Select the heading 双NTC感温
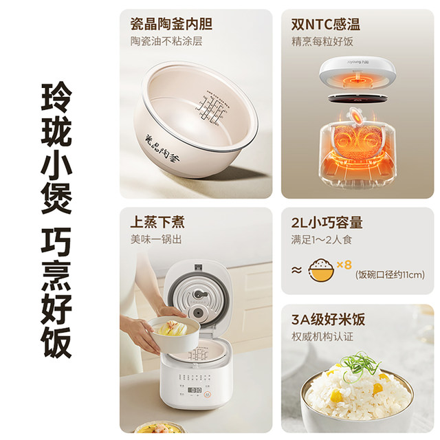click(325, 25)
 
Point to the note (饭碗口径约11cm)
click(390, 276)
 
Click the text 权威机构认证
click(322, 337)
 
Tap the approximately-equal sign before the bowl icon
click(296, 270)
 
